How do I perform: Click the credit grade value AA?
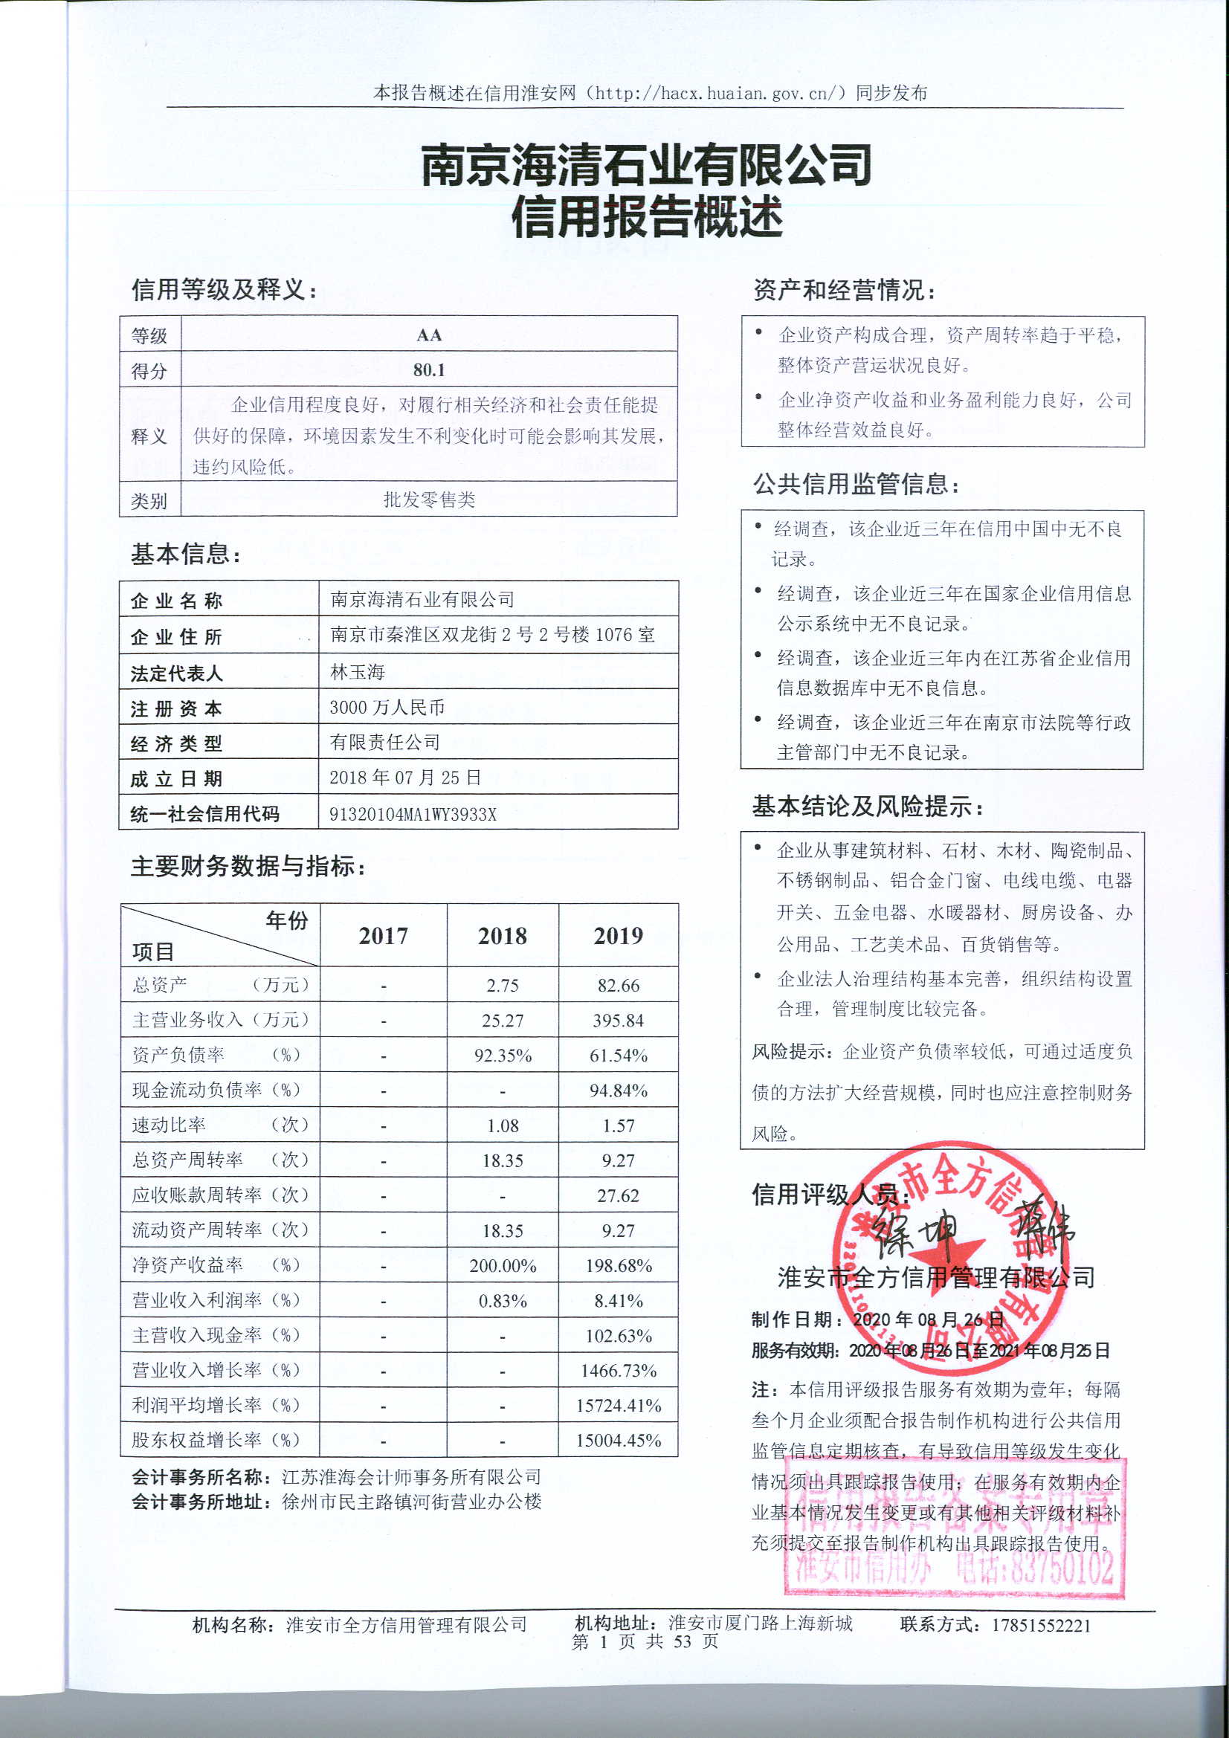[x=428, y=335]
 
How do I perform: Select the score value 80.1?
[x=428, y=370]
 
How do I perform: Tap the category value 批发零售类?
[x=428, y=500]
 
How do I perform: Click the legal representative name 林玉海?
[x=358, y=672]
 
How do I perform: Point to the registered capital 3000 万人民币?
[x=387, y=708]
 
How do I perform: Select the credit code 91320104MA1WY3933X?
[x=413, y=815]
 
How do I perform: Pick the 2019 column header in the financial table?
[x=618, y=937]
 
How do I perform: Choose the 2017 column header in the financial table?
[x=383, y=937]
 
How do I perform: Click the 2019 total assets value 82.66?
[x=618, y=986]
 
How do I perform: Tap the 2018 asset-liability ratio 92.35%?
[x=503, y=1056]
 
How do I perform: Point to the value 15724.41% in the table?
[x=618, y=1406]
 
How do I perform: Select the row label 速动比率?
[x=169, y=1125]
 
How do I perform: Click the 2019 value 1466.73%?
[x=618, y=1371]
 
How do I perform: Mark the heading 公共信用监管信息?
[x=856, y=485]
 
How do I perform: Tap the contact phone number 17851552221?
[x=1040, y=1625]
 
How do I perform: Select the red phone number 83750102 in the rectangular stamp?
[x=1061, y=1568]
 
